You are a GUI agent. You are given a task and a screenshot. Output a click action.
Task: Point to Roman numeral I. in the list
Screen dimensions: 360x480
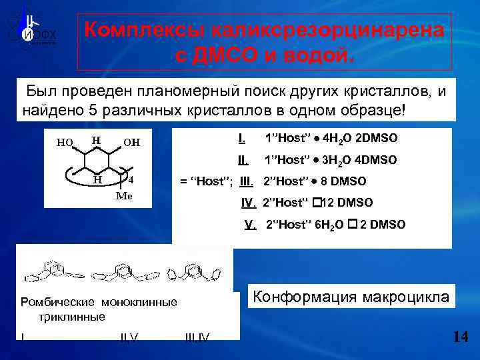click(x=241, y=138)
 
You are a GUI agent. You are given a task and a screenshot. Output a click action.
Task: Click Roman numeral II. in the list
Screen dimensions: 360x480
click(x=243, y=160)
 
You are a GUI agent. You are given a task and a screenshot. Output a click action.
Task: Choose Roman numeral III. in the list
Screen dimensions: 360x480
click(x=247, y=181)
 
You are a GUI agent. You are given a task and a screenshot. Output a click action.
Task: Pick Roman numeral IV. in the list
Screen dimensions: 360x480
click(x=249, y=202)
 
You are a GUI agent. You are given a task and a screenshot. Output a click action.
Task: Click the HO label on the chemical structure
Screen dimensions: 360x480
click(x=65, y=142)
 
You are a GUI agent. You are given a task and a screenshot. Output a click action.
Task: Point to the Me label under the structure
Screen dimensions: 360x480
click(x=124, y=196)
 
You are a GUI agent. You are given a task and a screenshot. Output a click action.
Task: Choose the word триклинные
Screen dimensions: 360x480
click(x=72, y=317)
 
